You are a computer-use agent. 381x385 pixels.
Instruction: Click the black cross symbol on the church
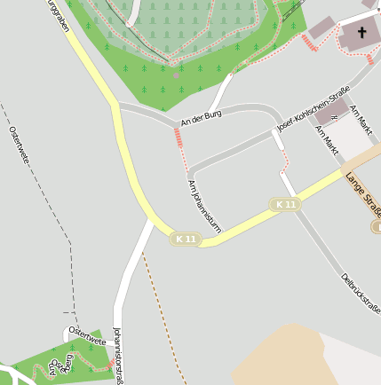pyautogui.click(x=361, y=35)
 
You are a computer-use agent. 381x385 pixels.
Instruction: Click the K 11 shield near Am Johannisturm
pyautogui.click(x=186, y=239)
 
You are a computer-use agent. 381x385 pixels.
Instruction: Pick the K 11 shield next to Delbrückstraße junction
pyautogui.click(x=285, y=205)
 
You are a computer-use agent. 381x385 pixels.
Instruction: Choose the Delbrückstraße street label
pyautogui.click(x=361, y=294)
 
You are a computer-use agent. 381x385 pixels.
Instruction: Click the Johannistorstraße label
pyautogui.click(x=118, y=356)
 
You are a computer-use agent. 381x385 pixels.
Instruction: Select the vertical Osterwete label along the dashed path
pyautogui.click(x=19, y=147)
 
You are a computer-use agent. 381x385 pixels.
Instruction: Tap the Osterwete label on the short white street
pyautogui.click(x=87, y=334)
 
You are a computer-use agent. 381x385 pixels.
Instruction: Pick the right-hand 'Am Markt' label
pyautogui.click(x=361, y=120)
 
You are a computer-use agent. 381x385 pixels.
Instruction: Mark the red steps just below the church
pyautogui.click(x=310, y=44)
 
